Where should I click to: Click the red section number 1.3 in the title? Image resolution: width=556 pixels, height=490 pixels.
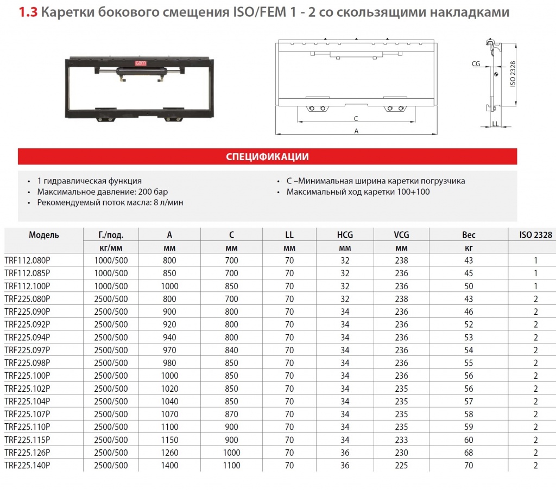[x=28, y=12]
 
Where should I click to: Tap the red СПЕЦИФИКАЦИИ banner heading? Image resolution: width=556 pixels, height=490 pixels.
[x=267, y=157]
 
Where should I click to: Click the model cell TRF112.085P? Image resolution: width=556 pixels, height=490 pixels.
[x=27, y=273]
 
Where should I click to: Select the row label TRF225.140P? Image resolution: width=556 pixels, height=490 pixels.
[x=27, y=466]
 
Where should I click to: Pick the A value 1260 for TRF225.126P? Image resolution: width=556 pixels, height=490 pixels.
[x=169, y=453]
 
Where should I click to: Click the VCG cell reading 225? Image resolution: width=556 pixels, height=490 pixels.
[x=401, y=466]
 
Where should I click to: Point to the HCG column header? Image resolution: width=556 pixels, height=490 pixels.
[x=345, y=235]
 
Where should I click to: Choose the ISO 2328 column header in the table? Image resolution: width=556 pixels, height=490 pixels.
[x=535, y=235]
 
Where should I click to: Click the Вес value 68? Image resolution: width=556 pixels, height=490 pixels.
[x=469, y=453]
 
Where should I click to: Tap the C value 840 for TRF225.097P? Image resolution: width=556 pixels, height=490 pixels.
[x=231, y=350]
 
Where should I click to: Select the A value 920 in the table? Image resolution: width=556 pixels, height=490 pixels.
[x=169, y=324]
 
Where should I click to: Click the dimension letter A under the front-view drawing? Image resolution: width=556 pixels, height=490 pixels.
[x=356, y=131]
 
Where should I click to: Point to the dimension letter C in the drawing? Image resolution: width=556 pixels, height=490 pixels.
[x=355, y=118]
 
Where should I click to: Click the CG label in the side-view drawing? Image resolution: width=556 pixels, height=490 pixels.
[x=476, y=64]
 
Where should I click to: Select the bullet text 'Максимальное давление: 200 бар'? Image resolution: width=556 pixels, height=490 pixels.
[x=103, y=192]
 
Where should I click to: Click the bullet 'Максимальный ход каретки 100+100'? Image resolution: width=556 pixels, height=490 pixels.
[x=358, y=192]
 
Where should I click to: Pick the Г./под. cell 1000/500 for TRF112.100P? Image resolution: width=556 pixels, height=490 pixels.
[x=111, y=286]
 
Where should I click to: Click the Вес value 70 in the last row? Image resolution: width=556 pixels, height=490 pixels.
[x=469, y=466]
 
